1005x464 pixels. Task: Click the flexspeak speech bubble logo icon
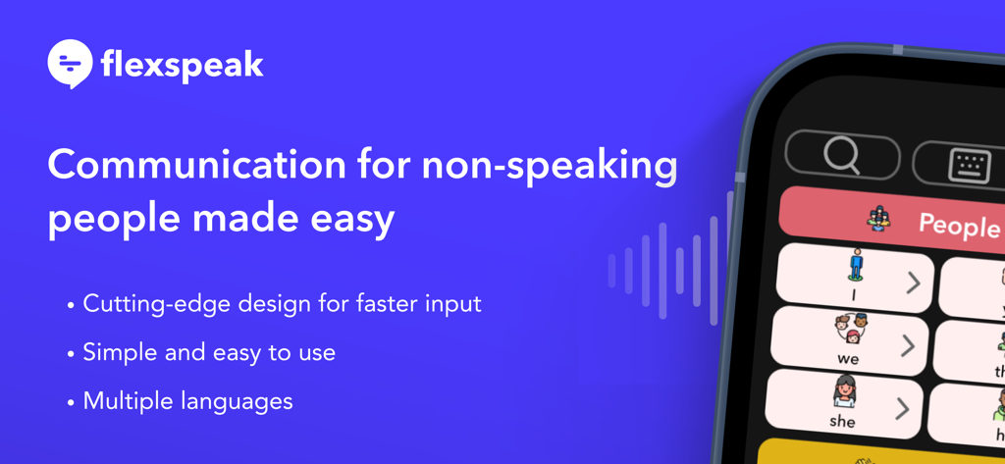[x=70, y=65]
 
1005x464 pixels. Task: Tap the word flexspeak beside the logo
[x=182, y=66]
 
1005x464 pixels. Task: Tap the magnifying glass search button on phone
[x=841, y=155]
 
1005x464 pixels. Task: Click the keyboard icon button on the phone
[x=969, y=165]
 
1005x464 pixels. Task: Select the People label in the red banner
[x=958, y=226]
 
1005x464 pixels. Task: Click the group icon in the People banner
[x=879, y=218]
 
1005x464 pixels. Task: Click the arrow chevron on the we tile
[x=908, y=345]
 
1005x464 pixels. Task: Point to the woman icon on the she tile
[x=845, y=392]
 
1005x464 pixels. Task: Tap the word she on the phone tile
[x=842, y=421]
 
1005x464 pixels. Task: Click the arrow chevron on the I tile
[x=913, y=283]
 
